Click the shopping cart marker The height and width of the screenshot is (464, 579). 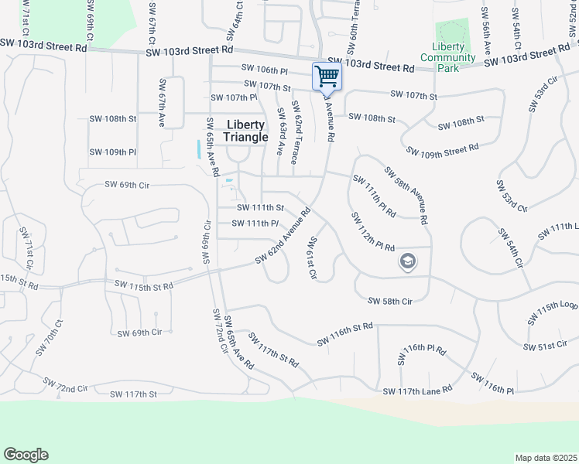(x=327, y=77)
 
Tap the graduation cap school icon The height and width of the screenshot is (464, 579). (x=407, y=262)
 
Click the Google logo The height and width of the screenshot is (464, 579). (x=26, y=455)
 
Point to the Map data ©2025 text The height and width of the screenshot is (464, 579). (x=546, y=458)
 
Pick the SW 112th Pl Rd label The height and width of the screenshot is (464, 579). (x=373, y=231)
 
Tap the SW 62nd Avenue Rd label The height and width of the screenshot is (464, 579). (x=283, y=236)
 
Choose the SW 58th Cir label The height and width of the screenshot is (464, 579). (x=389, y=301)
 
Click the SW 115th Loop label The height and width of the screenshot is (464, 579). (x=553, y=312)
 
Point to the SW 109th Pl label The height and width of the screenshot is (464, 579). (x=113, y=152)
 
